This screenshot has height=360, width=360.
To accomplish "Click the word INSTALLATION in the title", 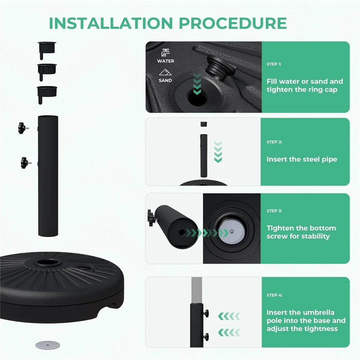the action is click(111, 23).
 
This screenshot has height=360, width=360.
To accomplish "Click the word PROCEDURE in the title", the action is click(233, 23).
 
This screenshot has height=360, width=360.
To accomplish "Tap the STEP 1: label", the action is click(274, 64).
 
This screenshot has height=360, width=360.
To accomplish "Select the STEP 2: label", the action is click(274, 142).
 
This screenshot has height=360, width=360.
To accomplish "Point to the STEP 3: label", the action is click(274, 211).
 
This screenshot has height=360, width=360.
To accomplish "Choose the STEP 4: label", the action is click(275, 295).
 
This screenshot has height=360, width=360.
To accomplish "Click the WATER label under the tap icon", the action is click(166, 61).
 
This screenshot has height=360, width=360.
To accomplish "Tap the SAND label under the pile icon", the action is click(165, 80).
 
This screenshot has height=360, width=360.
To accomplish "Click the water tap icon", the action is click(165, 53).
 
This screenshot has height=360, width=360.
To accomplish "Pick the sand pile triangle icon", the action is click(165, 72).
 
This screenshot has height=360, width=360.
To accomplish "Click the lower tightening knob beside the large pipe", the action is click(26, 163).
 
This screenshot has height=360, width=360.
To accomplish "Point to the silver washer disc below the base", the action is click(48, 345).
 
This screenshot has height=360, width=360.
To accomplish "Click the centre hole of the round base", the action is click(48, 262).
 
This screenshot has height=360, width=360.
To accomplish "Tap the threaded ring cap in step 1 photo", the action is click(220, 68).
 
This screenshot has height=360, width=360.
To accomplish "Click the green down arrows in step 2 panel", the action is click(218, 152).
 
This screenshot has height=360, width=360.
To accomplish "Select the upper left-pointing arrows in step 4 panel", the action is click(229, 316).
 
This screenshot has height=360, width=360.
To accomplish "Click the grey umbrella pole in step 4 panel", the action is click(197, 290).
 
